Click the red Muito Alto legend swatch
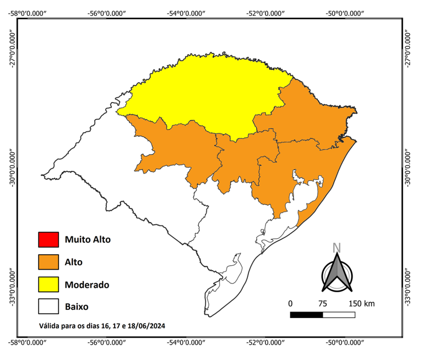click(48, 240)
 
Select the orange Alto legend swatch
click(48, 262)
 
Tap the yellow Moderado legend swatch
click(48, 284)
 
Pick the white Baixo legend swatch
click(48, 307)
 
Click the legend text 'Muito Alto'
click(88, 240)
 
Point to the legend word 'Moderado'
click(86, 284)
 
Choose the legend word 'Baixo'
click(77, 307)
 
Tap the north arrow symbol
click(337, 273)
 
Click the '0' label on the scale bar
click(290, 304)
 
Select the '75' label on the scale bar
click(322, 304)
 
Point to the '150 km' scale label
click(361, 304)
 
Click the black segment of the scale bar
click(306, 315)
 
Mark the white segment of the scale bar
click(339, 315)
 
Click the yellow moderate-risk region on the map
click(209, 94)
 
